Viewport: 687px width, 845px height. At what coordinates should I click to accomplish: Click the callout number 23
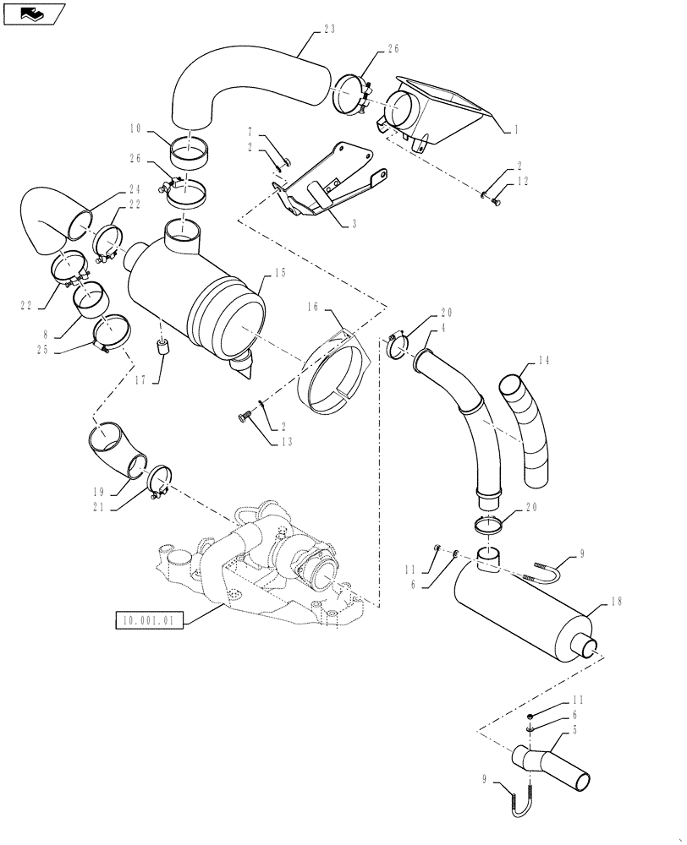tap(330, 30)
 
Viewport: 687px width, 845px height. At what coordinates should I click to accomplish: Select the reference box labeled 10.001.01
tap(148, 621)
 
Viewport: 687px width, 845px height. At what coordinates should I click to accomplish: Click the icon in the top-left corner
tap(34, 14)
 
